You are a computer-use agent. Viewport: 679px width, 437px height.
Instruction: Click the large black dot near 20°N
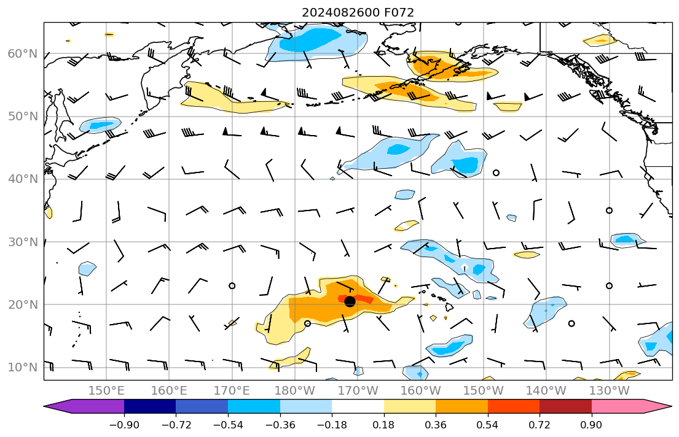(350, 301)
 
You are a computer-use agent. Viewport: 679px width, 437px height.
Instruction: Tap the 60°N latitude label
(22, 54)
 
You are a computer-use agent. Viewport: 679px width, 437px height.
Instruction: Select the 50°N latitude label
(22, 117)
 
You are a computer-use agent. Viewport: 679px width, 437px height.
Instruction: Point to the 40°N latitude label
(22, 179)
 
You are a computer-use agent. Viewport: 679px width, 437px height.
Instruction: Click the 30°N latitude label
(22, 242)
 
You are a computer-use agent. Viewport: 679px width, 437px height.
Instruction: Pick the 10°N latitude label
(22, 368)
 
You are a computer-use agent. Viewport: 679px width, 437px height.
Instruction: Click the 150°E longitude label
(106, 390)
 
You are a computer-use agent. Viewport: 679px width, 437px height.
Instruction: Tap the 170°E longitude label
(232, 390)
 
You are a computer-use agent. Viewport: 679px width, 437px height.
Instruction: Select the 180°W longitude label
(294, 390)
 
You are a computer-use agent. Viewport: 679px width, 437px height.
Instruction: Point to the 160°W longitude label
(420, 390)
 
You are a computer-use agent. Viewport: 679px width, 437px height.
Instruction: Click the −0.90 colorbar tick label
(124, 424)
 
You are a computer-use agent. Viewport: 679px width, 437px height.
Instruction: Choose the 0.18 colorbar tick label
(384, 424)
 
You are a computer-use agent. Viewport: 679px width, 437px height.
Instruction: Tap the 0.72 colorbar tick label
(540, 424)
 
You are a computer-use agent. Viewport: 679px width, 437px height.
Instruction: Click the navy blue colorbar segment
(150, 406)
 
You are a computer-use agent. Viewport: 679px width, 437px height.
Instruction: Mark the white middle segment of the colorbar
(358, 406)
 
